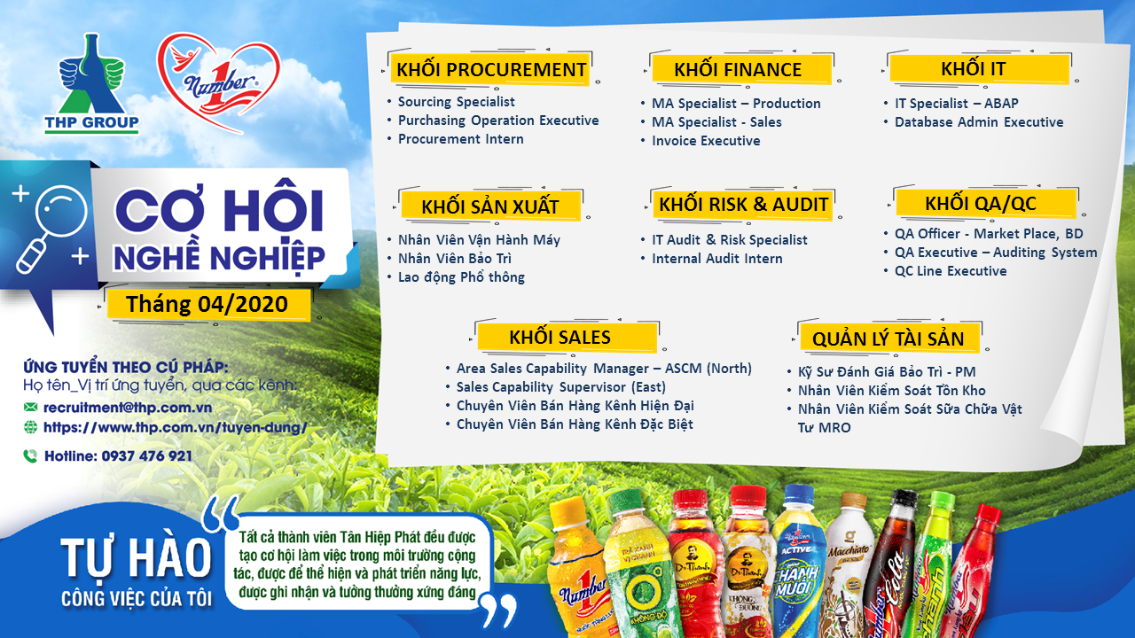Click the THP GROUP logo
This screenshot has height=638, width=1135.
click(x=91, y=83)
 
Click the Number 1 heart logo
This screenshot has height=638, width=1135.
click(x=218, y=81)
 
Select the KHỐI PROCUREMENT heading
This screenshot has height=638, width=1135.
click(x=491, y=69)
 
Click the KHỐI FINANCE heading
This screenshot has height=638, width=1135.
click(x=738, y=69)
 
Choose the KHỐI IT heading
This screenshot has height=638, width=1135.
click(x=974, y=68)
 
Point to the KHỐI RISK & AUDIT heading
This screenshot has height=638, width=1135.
click(x=743, y=204)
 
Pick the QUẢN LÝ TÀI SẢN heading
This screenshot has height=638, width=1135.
click(x=888, y=338)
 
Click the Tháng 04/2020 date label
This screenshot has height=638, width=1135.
click(x=207, y=304)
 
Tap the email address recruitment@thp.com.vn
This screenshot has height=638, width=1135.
click(x=128, y=408)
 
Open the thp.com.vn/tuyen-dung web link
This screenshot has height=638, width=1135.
click(x=176, y=427)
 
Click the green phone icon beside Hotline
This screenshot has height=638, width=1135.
click(x=30, y=456)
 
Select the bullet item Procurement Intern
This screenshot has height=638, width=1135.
click(x=460, y=139)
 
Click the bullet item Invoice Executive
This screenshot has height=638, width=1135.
click(x=706, y=141)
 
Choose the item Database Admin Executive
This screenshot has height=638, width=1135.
click(x=979, y=122)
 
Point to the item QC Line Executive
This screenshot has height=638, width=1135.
click(x=951, y=271)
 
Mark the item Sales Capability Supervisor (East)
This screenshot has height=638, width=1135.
click(x=561, y=387)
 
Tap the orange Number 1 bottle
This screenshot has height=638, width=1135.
click(x=577, y=570)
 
